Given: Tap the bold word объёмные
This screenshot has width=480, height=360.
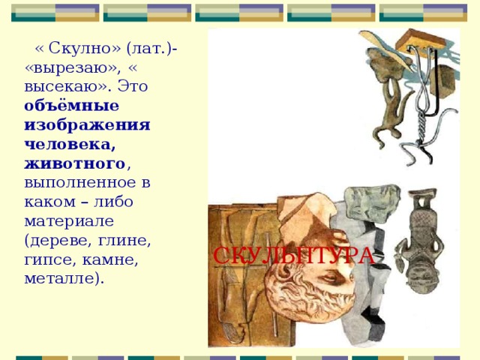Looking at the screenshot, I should point(71,106).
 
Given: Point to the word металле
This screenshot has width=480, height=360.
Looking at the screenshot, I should point(64,280).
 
